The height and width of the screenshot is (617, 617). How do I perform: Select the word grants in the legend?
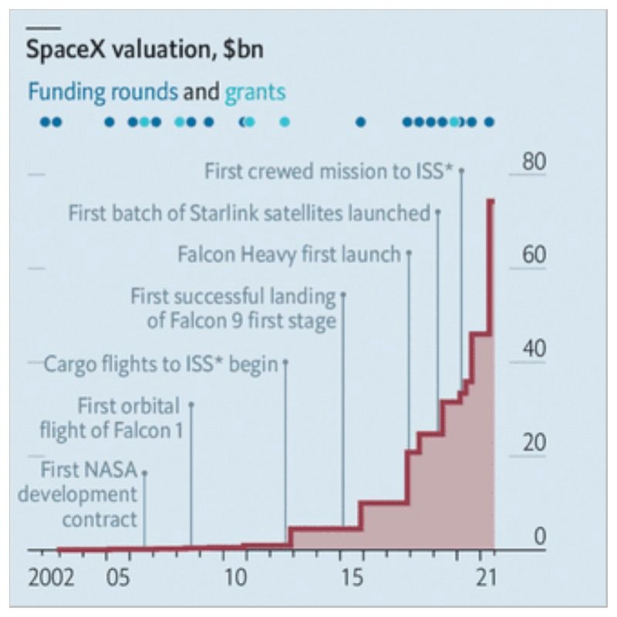(255, 93)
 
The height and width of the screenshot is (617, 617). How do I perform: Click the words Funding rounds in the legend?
(102, 93)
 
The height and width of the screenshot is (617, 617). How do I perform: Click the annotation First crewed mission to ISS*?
(329, 171)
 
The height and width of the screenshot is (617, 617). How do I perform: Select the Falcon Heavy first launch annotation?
(289, 254)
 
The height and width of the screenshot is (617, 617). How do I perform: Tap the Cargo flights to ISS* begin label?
(161, 363)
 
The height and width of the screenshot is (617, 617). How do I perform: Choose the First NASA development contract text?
(89, 494)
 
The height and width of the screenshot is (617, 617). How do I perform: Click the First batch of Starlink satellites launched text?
(248, 213)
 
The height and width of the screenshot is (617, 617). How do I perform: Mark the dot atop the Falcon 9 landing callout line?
(343, 294)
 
